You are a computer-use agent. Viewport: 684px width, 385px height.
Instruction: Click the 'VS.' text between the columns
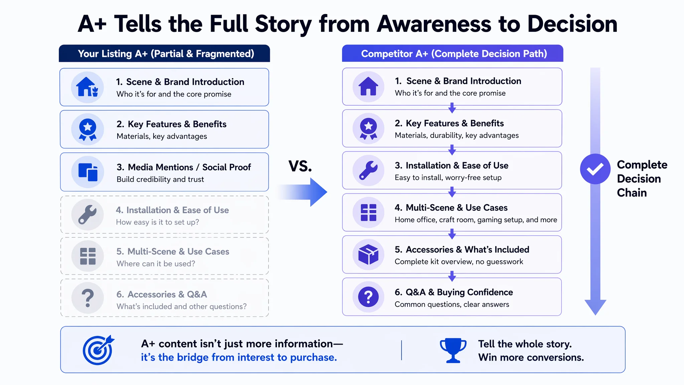pyautogui.click(x=300, y=166)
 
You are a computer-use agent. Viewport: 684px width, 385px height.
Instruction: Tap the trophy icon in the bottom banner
pyautogui.click(x=453, y=350)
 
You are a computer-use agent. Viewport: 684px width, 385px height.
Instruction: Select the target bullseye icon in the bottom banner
pyautogui.click(x=98, y=350)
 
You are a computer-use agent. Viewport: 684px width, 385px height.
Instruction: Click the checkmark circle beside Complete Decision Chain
pyautogui.click(x=595, y=169)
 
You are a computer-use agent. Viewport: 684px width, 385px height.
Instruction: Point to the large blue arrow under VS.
pyautogui.click(x=302, y=192)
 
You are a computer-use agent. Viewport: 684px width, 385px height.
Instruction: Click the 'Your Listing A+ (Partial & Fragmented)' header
pyautogui.click(x=166, y=53)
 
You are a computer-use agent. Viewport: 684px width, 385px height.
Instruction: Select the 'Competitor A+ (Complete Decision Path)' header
pyautogui.click(x=454, y=53)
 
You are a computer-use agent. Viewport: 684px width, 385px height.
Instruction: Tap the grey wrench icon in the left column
pyautogui.click(x=88, y=215)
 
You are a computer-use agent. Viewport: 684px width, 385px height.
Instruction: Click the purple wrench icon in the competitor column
pyautogui.click(x=368, y=170)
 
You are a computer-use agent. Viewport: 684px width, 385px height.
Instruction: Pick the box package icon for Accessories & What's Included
pyautogui.click(x=368, y=254)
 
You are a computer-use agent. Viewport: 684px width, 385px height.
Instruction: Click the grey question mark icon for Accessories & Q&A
pyautogui.click(x=88, y=298)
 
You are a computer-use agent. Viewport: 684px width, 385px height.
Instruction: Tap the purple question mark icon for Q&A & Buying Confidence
pyautogui.click(x=368, y=297)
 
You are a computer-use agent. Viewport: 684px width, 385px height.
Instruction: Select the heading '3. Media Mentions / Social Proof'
pyautogui.click(x=184, y=167)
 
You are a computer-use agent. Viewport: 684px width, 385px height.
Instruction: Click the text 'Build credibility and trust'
pyautogui.click(x=160, y=179)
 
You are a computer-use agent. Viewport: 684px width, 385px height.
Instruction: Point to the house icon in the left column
pyautogui.click(x=87, y=87)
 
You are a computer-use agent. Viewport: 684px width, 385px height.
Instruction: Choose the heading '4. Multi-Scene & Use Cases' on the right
pyautogui.click(x=451, y=208)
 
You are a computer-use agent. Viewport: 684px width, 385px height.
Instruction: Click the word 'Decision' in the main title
pyautogui.click(x=572, y=24)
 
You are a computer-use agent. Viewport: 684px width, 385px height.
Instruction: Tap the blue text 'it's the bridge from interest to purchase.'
pyautogui.click(x=239, y=357)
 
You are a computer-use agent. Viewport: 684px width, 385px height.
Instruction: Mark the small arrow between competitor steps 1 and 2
pyautogui.click(x=452, y=108)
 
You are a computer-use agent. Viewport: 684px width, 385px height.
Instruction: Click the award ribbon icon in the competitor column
pyautogui.click(x=368, y=129)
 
